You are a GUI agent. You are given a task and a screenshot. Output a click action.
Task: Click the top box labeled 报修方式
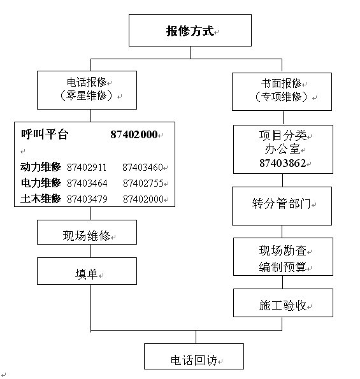click(x=190, y=30)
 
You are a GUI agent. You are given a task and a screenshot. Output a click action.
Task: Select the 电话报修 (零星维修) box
click(x=87, y=90)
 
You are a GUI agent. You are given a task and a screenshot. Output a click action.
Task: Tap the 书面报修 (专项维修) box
click(x=282, y=92)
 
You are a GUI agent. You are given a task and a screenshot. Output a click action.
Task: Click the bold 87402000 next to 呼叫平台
click(x=134, y=134)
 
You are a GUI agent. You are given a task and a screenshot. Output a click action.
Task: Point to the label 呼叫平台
click(x=45, y=134)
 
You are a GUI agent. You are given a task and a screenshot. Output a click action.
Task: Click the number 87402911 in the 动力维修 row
click(x=87, y=168)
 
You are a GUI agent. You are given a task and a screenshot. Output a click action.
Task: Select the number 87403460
click(x=142, y=168)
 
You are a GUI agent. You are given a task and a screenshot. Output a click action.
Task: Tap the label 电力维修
click(x=41, y=183)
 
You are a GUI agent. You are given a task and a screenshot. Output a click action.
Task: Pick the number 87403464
click(x=87, y=183)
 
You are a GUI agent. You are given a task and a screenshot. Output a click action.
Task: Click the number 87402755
click(x=143, y=183)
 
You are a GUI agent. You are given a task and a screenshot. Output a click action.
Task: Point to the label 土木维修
click(x=41, y=199)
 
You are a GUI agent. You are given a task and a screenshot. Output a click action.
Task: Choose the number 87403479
click(x=87, y=199)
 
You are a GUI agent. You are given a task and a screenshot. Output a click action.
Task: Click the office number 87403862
click(x=283, y=163)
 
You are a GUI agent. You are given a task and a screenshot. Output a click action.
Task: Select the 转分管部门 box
click(x=282, y=206)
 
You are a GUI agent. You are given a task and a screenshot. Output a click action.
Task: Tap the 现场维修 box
click(x=87, y=232)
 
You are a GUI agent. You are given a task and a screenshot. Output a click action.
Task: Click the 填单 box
click(x=87, y=271)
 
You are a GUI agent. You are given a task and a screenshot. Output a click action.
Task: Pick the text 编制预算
click(x=283, y=267)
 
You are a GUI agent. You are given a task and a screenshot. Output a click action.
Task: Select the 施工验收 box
click(x=283, y=303)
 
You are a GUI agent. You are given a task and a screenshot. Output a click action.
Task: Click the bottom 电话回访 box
click(x=194, y=356)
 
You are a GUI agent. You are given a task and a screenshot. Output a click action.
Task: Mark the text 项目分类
click(x=283, y=135)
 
